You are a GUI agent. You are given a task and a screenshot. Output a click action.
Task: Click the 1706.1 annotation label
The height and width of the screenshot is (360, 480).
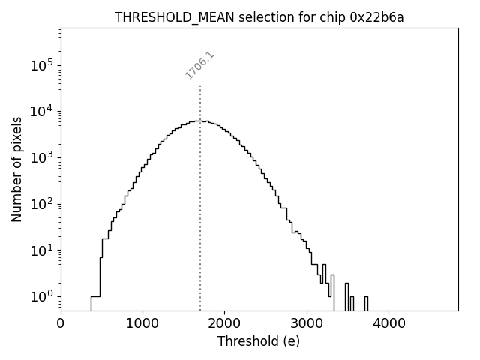(199, 65)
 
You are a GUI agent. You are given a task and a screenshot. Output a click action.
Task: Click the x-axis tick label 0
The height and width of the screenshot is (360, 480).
(61, 325)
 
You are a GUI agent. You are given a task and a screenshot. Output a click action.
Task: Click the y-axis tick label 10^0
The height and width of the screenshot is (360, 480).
(41, 297)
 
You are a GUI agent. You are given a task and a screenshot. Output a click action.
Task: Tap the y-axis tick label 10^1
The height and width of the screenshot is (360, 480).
(41, 250)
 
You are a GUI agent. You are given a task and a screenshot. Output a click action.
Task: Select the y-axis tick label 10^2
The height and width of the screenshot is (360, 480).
(41, 204)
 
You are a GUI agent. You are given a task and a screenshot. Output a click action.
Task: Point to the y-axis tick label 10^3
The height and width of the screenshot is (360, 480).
(41, 157)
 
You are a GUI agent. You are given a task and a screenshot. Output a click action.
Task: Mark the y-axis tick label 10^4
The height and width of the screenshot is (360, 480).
(41, 112)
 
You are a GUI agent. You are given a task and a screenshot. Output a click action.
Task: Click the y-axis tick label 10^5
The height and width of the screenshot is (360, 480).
(41, 65)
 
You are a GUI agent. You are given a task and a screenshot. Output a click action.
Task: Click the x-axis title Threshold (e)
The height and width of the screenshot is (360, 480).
(259, 342)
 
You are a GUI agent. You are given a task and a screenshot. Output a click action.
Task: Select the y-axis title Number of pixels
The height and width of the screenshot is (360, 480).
(16, 169)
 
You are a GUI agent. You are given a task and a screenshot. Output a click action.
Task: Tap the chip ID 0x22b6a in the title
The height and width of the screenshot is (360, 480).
(376, 18)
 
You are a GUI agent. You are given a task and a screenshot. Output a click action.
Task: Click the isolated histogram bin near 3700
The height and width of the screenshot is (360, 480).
(366, 303)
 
